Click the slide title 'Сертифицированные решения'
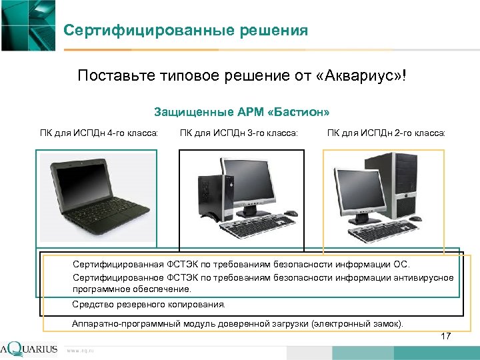pos(186,31)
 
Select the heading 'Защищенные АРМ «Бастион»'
pos(242,111)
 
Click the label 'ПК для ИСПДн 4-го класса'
pos(99,133)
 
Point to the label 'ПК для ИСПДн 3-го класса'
pos(239,133)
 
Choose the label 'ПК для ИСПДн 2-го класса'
pos(386,133)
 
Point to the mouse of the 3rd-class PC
pos(291,214)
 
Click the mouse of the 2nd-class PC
pos(415,218)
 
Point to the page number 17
pos(446,337)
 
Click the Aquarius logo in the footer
pos(29,349)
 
